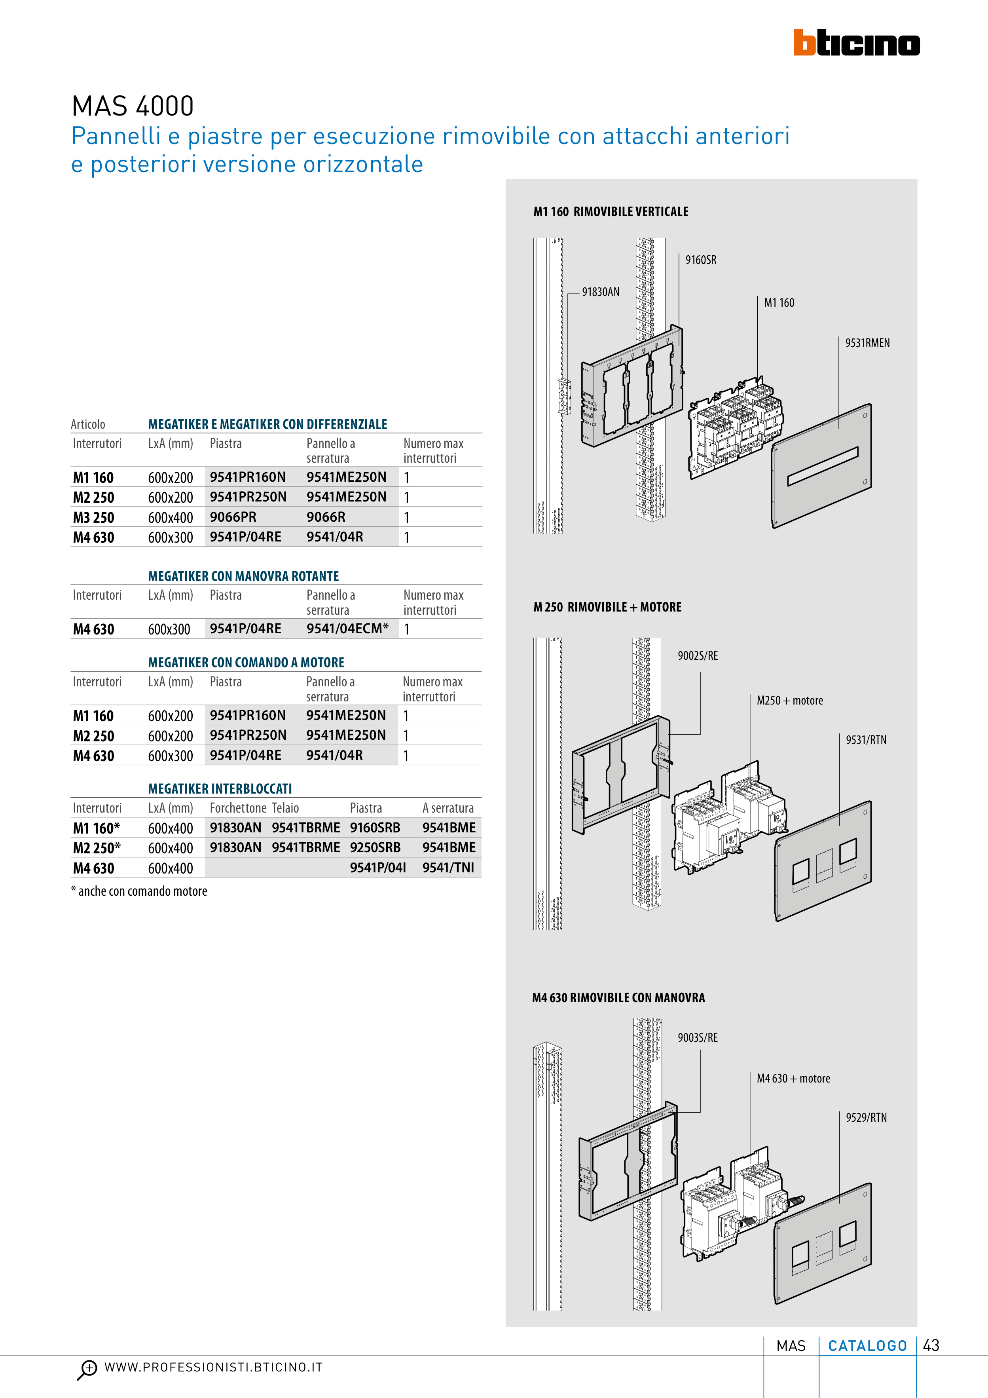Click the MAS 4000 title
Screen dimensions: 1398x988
133,106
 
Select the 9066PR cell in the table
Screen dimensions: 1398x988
233,517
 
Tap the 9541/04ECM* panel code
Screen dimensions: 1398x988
347,629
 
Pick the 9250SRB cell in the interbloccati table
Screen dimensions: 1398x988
375,847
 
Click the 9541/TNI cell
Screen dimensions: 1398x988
448,868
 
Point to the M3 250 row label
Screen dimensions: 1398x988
94,518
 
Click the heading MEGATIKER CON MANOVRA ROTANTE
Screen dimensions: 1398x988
243,576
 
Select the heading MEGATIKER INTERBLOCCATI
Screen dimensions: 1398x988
220,788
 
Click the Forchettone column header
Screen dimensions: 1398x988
238,808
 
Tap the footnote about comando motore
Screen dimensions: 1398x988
139,891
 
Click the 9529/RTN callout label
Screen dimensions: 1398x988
866,1118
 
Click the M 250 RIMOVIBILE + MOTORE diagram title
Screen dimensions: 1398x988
607,607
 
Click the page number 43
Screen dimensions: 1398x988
931,1346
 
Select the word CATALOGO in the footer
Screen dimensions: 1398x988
867,1346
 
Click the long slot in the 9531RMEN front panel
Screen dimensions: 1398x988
823,466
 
